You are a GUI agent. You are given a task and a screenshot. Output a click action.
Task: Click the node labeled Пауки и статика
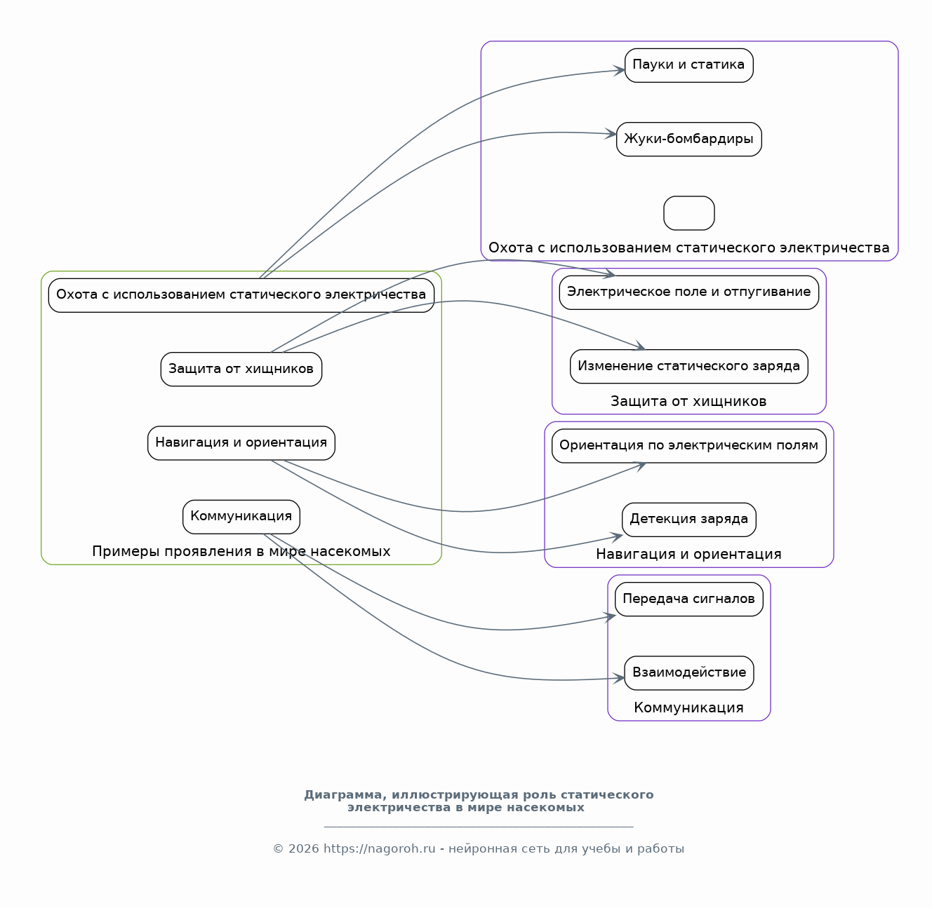click(688, 65)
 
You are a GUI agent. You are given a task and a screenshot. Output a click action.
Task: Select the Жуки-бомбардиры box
click(688, 140)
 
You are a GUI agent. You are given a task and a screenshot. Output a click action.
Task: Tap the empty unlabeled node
click(688, 213)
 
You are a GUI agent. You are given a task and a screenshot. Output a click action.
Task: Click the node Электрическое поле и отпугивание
click(688, 292)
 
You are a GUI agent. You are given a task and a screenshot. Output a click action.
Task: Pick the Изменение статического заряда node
click(688, 367)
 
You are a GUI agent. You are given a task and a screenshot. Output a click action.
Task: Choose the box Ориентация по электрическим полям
click(688, 446)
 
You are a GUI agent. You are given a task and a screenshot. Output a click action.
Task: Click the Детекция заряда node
click(688, 520)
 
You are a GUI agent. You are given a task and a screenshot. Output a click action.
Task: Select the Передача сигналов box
click(688, 599)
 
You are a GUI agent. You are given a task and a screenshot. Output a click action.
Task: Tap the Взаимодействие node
click(688, 673)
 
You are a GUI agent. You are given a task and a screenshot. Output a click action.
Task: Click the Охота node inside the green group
click(241, 295)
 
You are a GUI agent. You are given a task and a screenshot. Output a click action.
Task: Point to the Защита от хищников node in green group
click(241, 370)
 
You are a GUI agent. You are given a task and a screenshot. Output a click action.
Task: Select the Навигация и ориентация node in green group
click(241, 443)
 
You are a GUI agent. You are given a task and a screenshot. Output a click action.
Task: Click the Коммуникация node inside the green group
click(241, 517)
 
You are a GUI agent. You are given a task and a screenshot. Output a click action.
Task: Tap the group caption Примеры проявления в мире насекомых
click(241, 552)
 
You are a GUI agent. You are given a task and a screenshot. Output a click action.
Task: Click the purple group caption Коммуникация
click(688, 707)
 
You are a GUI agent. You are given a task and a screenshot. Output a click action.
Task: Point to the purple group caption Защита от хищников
click(688, 401)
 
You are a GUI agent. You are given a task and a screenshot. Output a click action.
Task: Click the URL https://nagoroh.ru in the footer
click(379, 848)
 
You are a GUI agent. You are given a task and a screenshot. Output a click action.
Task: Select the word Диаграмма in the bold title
click(346, 794)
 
